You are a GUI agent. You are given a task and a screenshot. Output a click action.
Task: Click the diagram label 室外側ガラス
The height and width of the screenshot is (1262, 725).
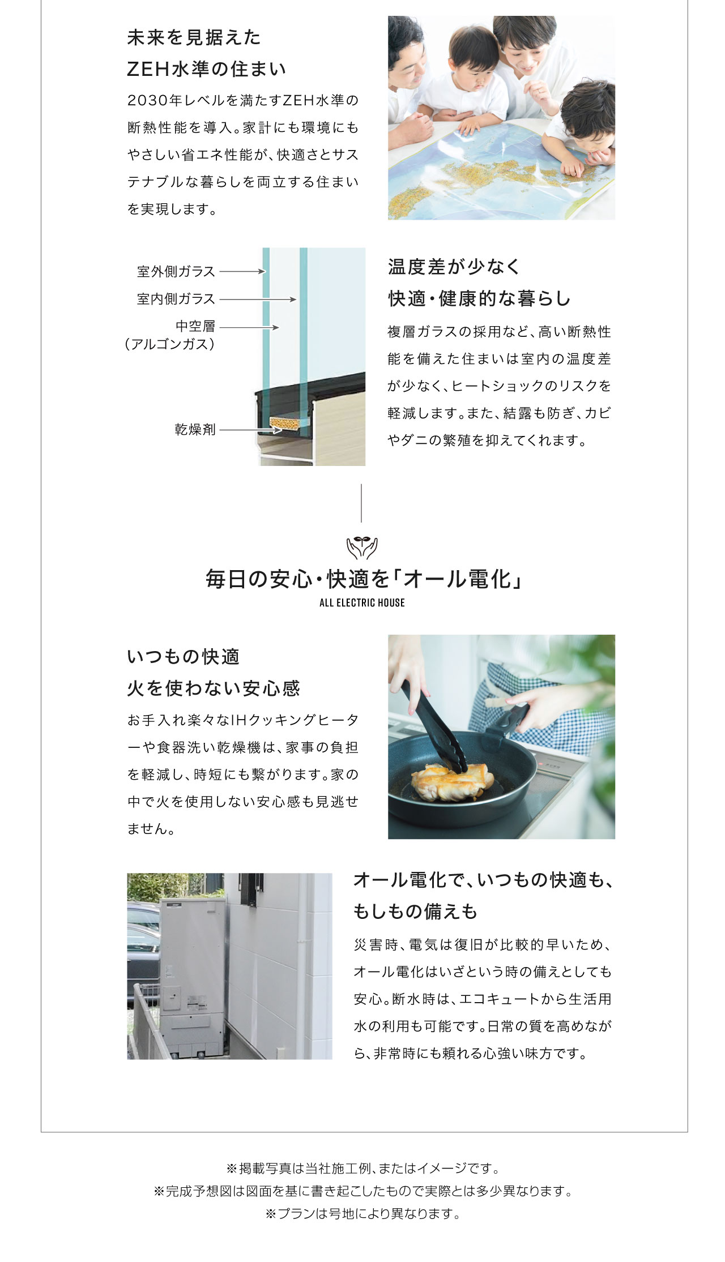click(176, 272)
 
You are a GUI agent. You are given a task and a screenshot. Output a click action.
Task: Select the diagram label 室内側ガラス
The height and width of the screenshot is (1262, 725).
click(176, 299)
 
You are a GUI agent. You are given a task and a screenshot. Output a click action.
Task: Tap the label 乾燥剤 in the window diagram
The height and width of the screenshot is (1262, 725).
click(195, 430)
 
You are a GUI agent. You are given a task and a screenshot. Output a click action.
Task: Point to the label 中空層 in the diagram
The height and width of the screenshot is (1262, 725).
click(195, 326)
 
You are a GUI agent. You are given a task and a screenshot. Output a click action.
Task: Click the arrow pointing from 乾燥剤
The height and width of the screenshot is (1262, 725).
click(250, 430)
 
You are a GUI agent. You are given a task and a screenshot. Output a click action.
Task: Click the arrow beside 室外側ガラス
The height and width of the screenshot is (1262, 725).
click(242, 272)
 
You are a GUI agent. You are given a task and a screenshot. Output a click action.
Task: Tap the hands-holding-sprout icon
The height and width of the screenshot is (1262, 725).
click(362, 547)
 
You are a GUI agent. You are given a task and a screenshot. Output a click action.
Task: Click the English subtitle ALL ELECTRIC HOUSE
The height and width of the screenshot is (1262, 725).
click(362, 603)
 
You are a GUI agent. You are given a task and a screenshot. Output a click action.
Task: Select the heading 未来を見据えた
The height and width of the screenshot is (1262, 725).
click(194, 38)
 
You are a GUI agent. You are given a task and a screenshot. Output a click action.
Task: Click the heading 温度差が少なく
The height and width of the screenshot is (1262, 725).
click(454, 267)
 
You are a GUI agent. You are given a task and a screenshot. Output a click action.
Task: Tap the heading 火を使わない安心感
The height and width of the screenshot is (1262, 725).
click(214, 688)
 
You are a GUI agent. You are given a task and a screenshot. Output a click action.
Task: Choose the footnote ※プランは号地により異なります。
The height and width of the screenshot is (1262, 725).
click(362, 1214)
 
